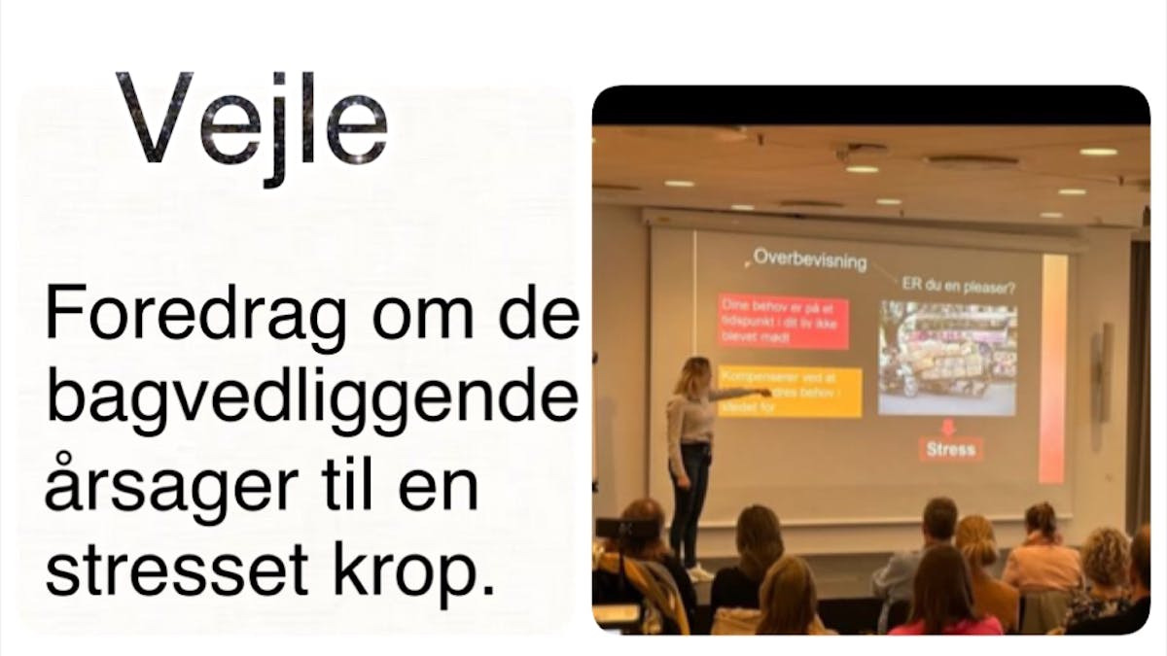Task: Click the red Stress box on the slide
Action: pyautogui.click(x=949, y=449)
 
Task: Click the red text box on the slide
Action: pyautogui.click(x=784, y=322)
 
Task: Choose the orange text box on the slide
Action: pyautogui.click(x=790, y=391)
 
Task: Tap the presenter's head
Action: pyautogui.click(x=693, y=373)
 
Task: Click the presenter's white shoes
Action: pyautogui.click(x=698, y=572)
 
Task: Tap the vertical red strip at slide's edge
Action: pyautogui.click(x=1052, y=369)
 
